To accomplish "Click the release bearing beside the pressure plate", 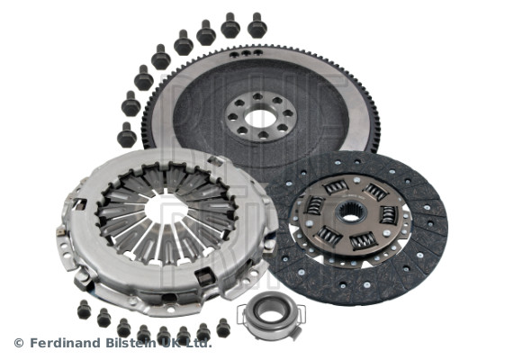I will [x=268, y=310].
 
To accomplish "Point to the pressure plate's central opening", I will [x=167, y=209].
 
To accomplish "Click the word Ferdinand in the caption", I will [x=64, y=342].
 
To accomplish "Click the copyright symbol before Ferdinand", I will [x=18, y=343].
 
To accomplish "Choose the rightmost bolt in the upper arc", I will [x=257, y=24].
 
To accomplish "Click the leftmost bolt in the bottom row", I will [x=84, y=309].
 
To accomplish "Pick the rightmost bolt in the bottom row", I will [x=222, y=328].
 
